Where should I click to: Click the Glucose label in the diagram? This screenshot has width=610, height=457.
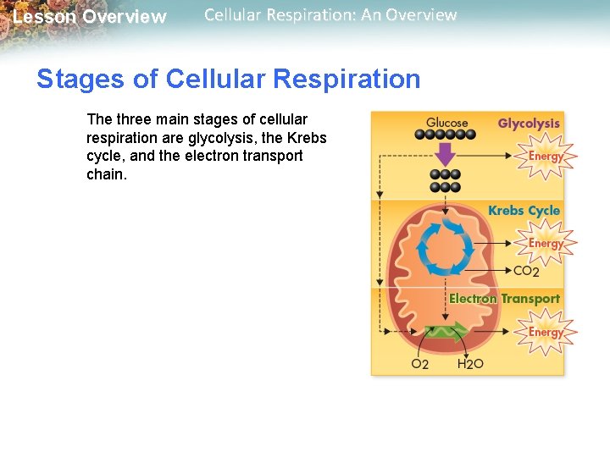[446, 123]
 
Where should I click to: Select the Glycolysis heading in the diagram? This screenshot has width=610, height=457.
[529, 124]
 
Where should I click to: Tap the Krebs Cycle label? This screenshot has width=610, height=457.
[524, 211]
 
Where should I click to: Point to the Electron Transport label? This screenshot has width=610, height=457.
[504, 299]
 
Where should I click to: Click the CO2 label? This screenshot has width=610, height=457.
[526, 272]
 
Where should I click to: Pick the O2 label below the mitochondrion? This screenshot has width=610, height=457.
[420, 364]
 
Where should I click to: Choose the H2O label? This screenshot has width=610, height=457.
[470, 364]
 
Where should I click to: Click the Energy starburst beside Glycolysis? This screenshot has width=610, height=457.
[546, 157]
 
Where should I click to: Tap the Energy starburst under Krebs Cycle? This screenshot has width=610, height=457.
[546, 244]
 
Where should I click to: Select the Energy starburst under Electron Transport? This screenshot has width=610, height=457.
[546, 332]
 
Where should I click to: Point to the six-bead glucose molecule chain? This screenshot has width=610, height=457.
[446, 135]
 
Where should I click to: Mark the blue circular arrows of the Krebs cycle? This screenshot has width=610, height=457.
[439, 248]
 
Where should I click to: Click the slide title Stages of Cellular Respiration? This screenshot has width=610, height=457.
[228, 80]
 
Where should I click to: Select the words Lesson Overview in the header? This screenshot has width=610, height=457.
[90, 17]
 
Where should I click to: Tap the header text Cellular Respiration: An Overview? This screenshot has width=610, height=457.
[330, 15]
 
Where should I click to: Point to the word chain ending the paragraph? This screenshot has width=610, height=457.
[106, 175]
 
